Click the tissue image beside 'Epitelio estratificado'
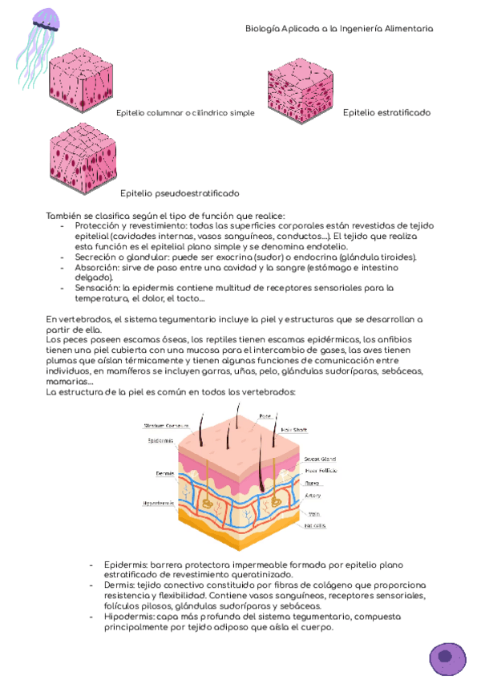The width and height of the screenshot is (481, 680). [x=300, y=94]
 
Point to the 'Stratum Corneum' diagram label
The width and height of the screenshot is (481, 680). [x=166, y=425]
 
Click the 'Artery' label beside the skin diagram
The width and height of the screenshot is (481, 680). [x=313, y=495]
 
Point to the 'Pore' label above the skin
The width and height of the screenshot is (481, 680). [x=265, y=415]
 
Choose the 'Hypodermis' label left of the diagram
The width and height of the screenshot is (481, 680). [x=158, y=503]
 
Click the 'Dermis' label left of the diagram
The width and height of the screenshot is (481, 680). [x=165, y=473]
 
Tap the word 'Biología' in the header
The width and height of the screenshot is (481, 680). [x=264, y=28]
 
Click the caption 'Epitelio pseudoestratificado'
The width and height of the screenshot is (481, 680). [x=180, y=193]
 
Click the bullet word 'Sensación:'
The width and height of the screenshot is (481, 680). [x=98, y=288]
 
